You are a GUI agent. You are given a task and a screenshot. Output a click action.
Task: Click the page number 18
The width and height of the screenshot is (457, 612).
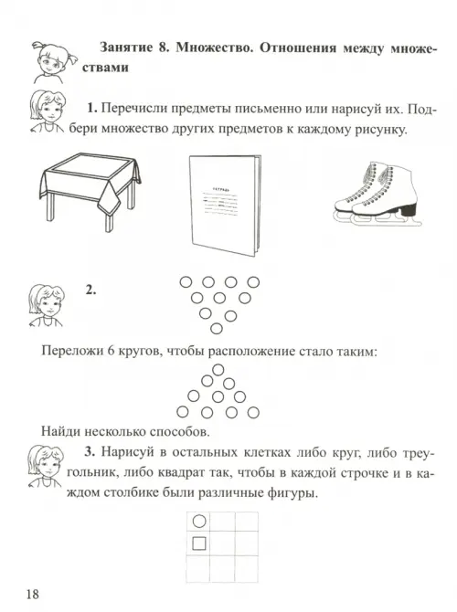click(33, 594)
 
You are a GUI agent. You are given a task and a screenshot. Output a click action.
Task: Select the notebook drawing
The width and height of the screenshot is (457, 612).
click(226, 206)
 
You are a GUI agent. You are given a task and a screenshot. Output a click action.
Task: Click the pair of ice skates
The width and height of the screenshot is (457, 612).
click(377, 195)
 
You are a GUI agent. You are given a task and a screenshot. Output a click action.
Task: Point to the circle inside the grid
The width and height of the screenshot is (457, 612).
click(199, 521)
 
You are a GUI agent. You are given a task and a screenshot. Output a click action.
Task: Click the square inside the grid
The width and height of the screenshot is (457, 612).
click(199, 543)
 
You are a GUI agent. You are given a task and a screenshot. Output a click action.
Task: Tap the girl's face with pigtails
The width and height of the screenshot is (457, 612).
click(48, 62)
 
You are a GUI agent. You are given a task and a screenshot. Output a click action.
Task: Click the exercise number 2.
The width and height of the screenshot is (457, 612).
click(90, 290)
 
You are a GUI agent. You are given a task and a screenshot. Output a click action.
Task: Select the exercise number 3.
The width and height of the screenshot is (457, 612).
click(90, 452)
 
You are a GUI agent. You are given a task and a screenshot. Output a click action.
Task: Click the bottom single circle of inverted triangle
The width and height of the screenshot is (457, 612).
click(217, 329)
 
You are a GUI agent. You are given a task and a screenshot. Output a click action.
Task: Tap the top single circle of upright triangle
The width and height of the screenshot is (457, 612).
click(218, 369)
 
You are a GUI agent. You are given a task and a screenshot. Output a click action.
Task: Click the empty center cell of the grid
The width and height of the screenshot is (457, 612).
click(222, 543)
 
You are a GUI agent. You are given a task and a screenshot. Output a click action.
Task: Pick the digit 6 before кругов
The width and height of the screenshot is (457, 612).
click(111, 352)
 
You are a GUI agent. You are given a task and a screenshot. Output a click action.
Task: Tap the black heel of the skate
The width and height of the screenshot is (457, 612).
click(409, 210)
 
